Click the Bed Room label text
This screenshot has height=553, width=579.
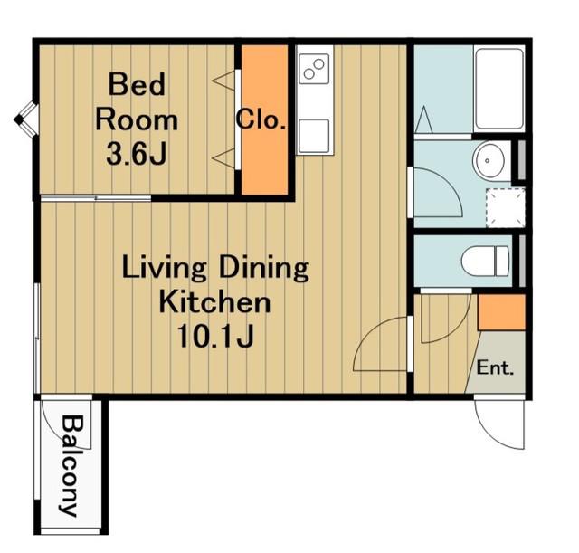point(137,102)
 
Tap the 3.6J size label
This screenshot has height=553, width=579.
point(137,155)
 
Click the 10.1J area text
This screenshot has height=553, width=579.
point(215,336)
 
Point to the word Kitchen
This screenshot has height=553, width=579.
point(215,302)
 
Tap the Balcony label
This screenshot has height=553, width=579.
point(71,466)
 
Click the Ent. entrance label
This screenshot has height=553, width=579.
point(495,368)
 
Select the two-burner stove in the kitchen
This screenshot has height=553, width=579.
point(314,69)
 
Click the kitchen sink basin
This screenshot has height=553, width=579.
point(314,136)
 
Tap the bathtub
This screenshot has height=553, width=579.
point(499,89)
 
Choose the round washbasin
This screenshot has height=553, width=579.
point(489,161)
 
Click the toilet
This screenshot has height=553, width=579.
point(485,262)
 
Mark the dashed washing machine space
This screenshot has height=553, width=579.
point(505,207)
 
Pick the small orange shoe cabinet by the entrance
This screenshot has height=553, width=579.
point(501,312)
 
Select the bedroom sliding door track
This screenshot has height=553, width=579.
point(96,199)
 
